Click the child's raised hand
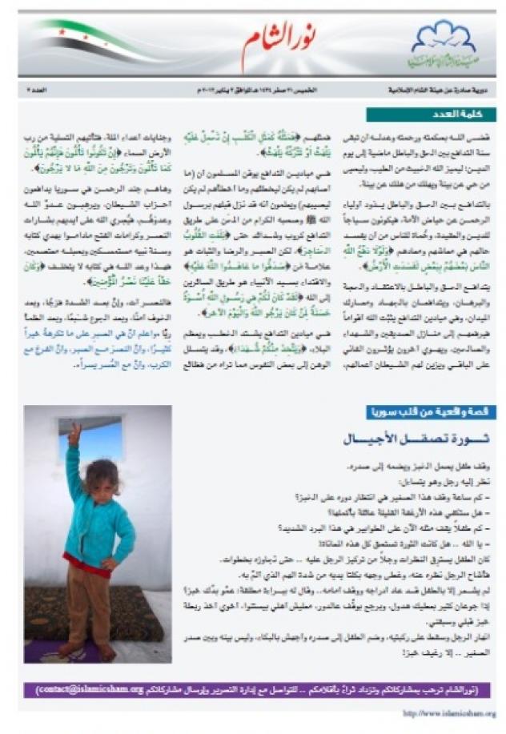(x=73, y=435)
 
